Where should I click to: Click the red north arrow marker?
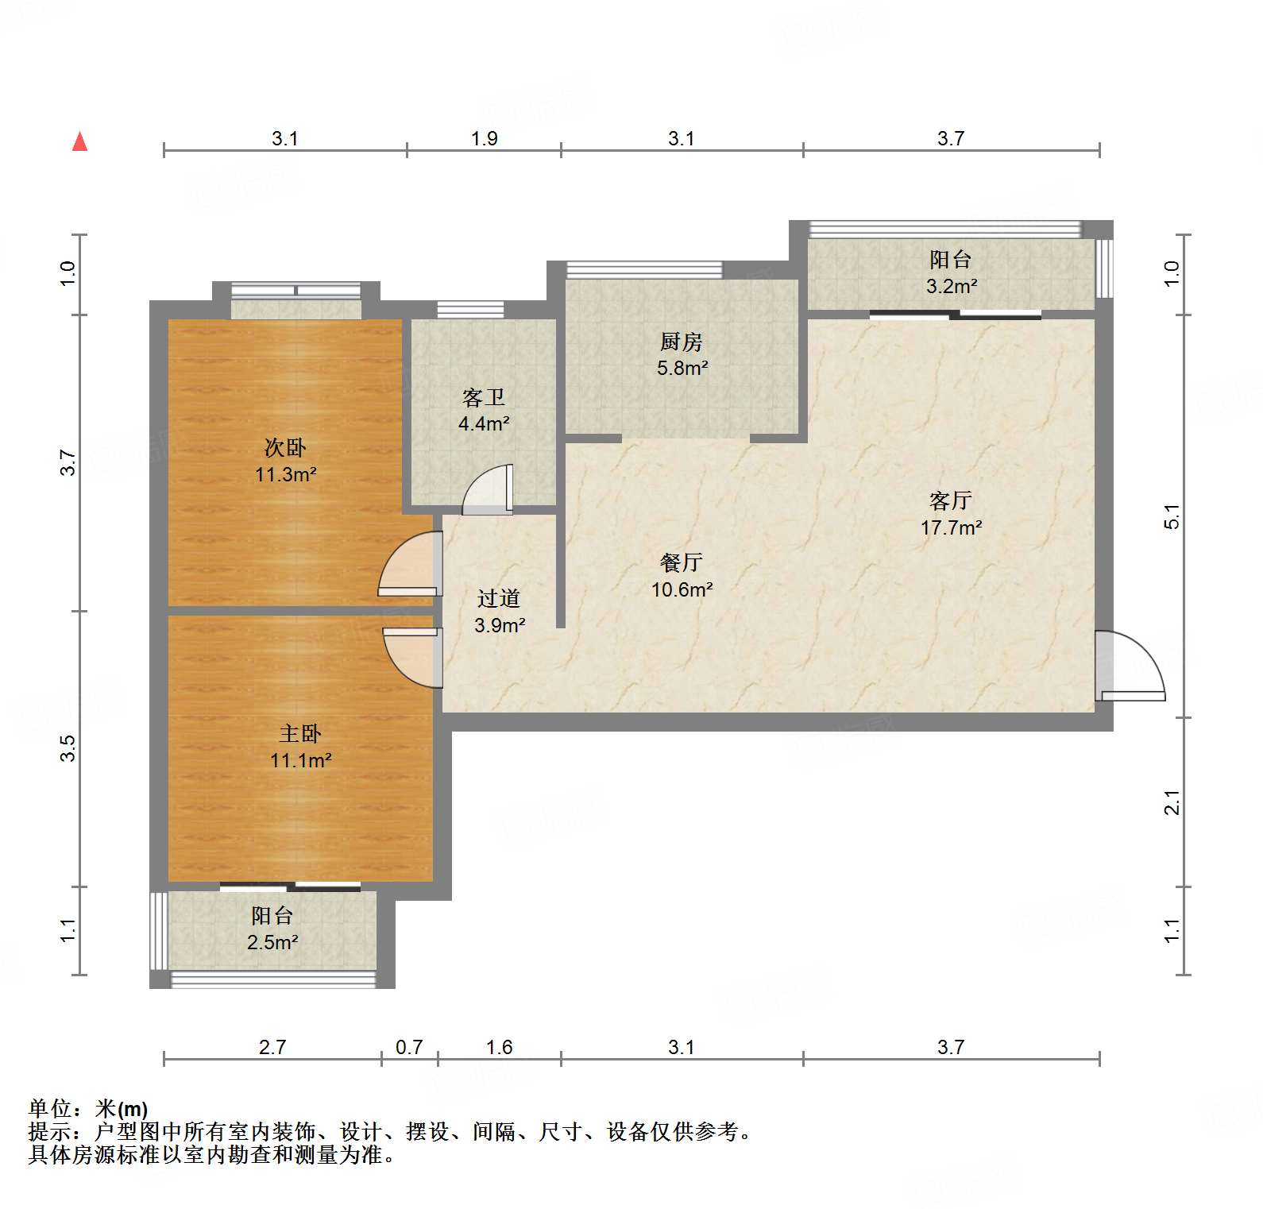pos(79,142)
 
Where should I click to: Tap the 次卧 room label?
pos(285,448)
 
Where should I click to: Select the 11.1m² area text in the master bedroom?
pos(300,761)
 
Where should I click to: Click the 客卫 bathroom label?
pos(484,397)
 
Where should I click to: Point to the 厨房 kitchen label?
pos(682,342)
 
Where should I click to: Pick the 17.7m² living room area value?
pos(951,528)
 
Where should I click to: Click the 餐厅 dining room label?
pos(682,563)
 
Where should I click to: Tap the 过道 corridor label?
pos(499,599)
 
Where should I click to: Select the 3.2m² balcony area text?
pos(951,287)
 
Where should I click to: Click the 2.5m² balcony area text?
pos(272,943)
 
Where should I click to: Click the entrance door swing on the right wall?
pos(1130,667)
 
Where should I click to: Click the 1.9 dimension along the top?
pos(484,139)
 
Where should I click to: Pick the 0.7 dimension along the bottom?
pos(409,1048)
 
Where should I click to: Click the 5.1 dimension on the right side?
pos(1172,517)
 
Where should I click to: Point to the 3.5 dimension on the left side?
pos(68,749)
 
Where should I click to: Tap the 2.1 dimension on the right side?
pos(1172,802)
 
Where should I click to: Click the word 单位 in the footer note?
pos(50,1109)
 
